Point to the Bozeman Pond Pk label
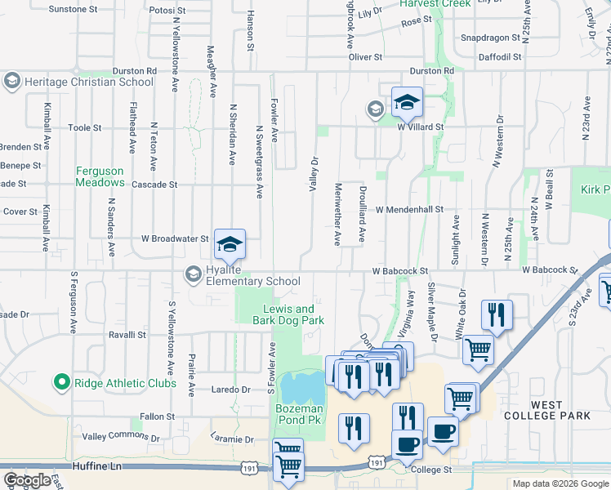(x=299, y=414)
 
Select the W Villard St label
(x=420, y=127)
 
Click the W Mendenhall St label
(x=409, y=209)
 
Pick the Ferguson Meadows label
(x=100, y=176)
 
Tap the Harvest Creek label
(x=435, y=4)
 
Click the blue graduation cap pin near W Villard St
(x=407, y=103)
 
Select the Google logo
(x=26, y=480)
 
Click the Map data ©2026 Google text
(x=560, y=483)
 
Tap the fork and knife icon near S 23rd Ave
(x=497, y=314)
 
